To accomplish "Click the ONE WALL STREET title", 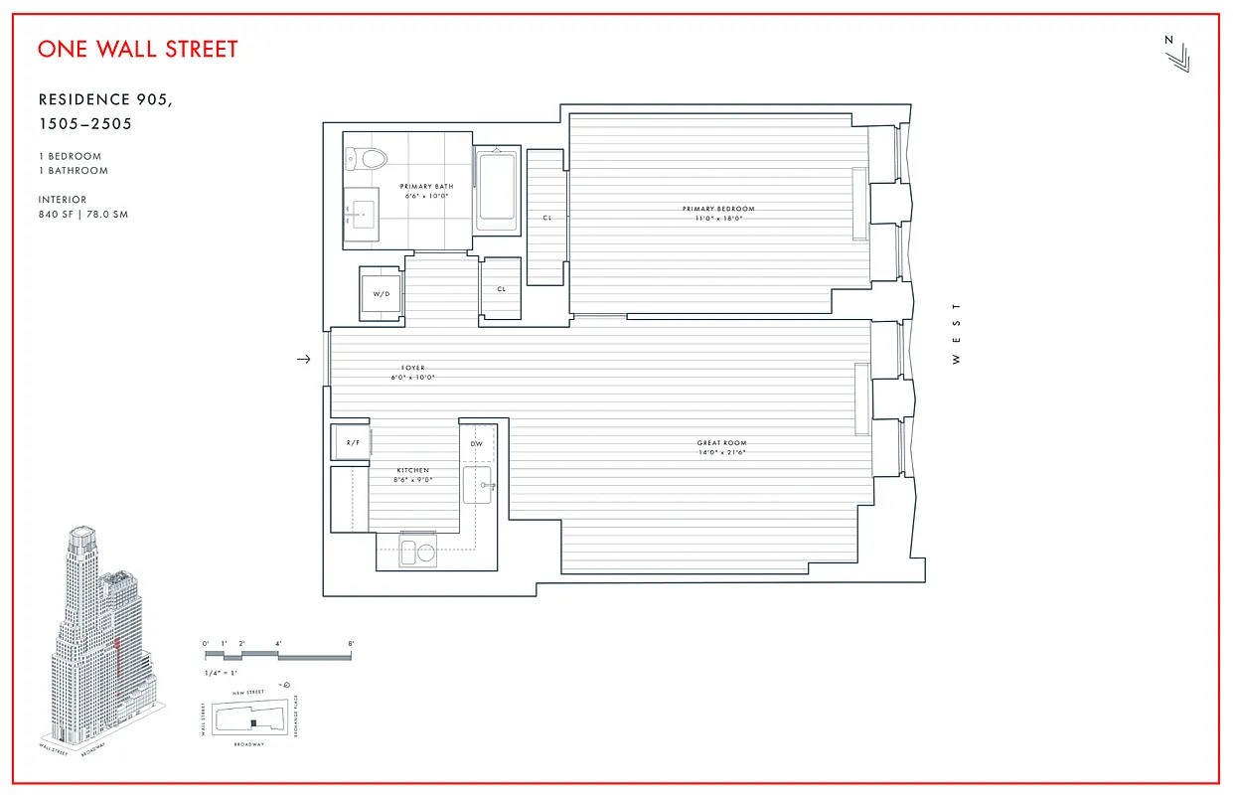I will pos(138,49).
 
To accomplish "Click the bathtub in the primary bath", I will pos(496,189).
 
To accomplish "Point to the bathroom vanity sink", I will pos(362,211).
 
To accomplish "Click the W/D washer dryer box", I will pos(381,294).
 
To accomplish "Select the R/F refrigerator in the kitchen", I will pos(351,442).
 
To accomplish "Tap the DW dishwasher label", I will pos(476,444).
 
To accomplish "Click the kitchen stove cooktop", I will pos(416,552).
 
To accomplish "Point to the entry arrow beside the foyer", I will pos(304,360).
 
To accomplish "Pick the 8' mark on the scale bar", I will pos(351,644).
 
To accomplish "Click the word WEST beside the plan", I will pos(957,334).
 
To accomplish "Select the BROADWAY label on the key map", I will pos(249,744).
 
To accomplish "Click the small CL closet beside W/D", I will pos(501,289).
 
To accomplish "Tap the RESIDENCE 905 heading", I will pos(111,99).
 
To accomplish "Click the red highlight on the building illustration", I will pos(117,657).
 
